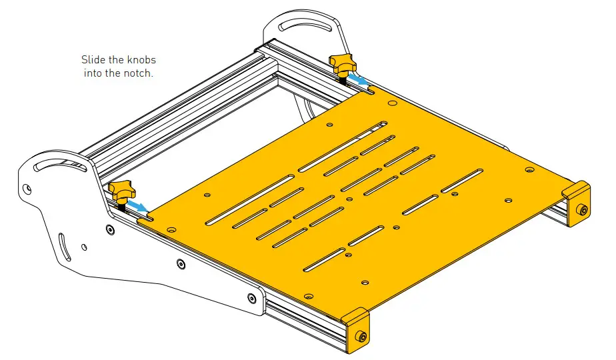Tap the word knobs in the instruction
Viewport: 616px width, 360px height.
point(140,60)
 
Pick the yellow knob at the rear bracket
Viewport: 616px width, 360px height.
point(344,65)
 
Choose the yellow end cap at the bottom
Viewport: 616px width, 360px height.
point(356,327)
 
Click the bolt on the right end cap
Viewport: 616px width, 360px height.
point(584,211)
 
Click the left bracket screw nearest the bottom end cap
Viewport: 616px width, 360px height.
point(252,298)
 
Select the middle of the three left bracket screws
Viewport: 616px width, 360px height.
point(181,264)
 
